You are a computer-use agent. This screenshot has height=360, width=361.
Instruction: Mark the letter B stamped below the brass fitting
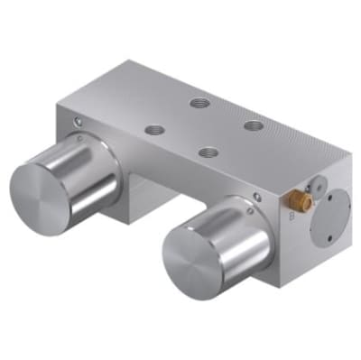[x=289, y=217]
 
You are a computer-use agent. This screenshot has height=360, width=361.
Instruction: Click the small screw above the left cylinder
[x=80, y=124]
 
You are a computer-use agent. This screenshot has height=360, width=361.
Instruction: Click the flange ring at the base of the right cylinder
[x=262, y=217]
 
